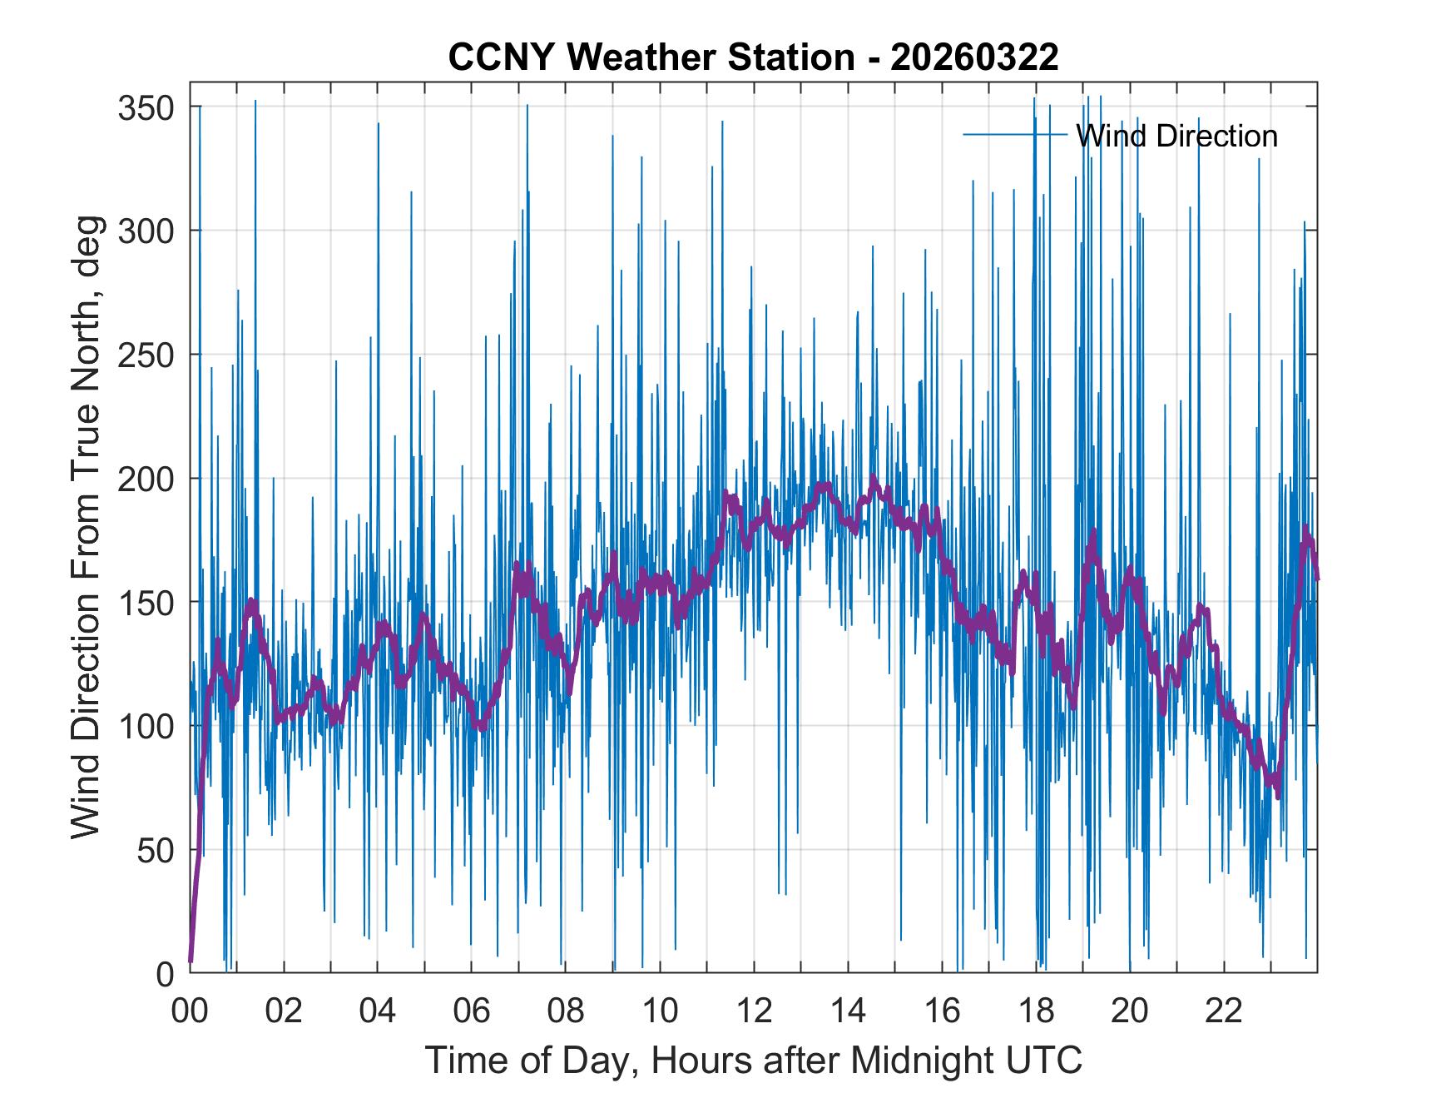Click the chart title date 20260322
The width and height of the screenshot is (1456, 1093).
tap(974, 57)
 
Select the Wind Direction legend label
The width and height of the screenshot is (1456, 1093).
tap(1176, 136)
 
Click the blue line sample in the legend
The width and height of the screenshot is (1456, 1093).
tap(1015, 134)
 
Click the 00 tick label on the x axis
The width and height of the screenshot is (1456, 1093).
tap(190, 1011)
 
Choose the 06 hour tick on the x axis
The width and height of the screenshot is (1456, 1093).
tap(472, 1011)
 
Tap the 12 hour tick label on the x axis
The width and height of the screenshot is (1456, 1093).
tap(754, 1011)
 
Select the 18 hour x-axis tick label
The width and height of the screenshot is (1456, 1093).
tap(1036, 1011)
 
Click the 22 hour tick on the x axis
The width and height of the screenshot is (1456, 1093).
tap(1224, 1011)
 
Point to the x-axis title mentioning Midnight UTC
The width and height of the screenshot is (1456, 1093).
tap(754, 1061)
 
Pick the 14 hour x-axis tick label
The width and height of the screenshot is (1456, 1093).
tap(848, 1011)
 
